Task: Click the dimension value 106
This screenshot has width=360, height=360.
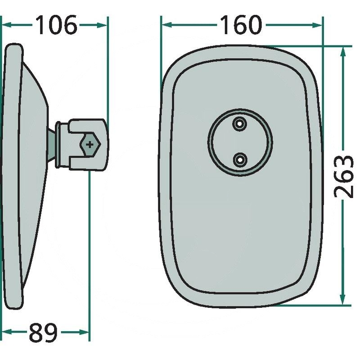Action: pyautogui.click(x=56, y=25)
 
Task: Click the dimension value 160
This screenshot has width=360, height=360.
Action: pyautogui.click(x=241, y=25)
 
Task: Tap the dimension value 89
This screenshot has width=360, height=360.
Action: pyautogui.click(x=43, y=332)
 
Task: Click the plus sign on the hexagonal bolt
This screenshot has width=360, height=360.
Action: pyautogui.click(x=90, y=144)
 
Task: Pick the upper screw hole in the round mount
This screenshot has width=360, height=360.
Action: pyautogui.click(x=240, y=124)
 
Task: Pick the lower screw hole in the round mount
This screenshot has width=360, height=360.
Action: pyautogui.click(x=240, y=159)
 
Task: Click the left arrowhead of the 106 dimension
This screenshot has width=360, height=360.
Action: pyautogui.click(x=6, y=25)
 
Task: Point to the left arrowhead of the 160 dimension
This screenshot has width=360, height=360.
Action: pyautogui.click(x=167, y=25)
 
